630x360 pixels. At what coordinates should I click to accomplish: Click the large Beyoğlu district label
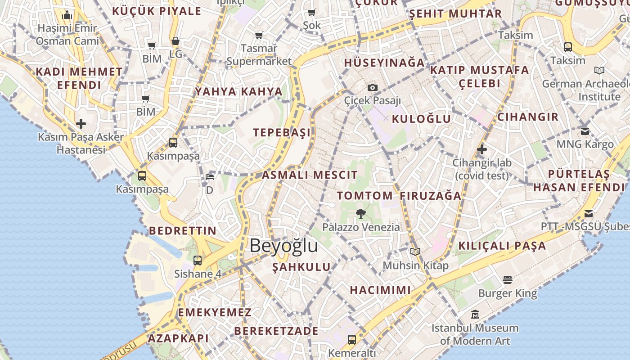pyautogui.click(x=283, y=246)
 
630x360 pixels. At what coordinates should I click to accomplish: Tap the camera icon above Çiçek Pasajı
pyautogui.click(x=373, y=87)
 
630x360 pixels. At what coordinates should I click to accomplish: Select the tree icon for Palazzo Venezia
pyautogui.click(x=360, y=213)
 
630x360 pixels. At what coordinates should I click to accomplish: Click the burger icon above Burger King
pyautogui.click(x=508, y=280)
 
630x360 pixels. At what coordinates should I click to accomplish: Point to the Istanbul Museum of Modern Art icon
pyautogui.click(x=475, y=314)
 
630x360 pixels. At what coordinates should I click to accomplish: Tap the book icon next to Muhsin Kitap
pyautogui.click(x=415, y=252)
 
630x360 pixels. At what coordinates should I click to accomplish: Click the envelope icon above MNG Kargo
pyautogui.click(x=585, y=131)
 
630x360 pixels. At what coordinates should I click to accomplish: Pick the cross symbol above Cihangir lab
pyautogui.click(x=482, y=149)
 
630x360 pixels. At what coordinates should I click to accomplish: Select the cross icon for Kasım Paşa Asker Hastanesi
pyautogui.click(x=81, y=123)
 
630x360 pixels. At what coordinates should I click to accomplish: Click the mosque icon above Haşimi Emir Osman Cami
pyautogui.click(x=67, y=15)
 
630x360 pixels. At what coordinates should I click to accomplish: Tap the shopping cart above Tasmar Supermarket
pyautogui.click(x=259, y=35)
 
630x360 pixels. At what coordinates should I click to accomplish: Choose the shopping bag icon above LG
pyautogui.click(x=175, y=41)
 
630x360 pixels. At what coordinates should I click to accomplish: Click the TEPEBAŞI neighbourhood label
pyautogui.click(x=282, y=133)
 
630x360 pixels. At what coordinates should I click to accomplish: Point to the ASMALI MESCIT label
pyautogui.click(x=310, y=175)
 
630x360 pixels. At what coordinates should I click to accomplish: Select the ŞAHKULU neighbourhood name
pyautogui.click(x=301, y=267)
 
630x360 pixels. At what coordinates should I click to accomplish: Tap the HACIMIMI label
pyautogui.click(x=380, y=290)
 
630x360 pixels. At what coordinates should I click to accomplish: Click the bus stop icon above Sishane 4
pyautogui.click(x=198, y=260)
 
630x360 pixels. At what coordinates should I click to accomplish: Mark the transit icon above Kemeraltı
pyautogui.click(x=352, y=339)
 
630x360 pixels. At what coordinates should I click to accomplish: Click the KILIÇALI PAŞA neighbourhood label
pyautogui.click(x=502, y=246)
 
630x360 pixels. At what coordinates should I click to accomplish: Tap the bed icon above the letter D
pyautogui.click(x=210, y=176)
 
